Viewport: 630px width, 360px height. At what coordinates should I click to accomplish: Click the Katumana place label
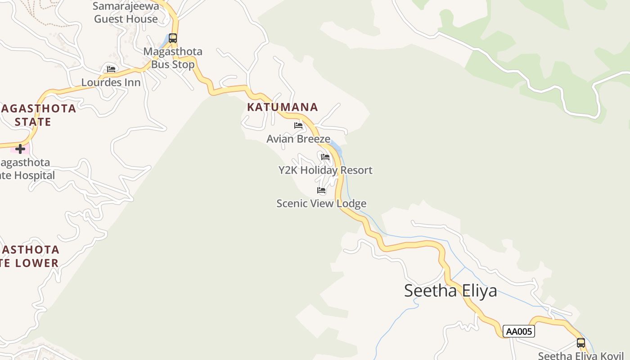tap(282, 107)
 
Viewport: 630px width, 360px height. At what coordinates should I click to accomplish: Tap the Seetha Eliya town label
tap(450, 291)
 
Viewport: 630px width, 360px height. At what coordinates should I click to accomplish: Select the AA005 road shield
tap(518, 332)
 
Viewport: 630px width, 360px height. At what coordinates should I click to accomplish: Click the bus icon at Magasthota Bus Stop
tap(173, 38)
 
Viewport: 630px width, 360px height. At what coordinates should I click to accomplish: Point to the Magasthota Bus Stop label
tap(173, 58)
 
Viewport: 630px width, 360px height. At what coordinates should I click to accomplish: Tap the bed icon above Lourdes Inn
tap(111, 69)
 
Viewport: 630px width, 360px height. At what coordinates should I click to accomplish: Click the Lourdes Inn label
tap(111, 83)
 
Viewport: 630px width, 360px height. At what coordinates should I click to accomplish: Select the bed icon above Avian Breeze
tap(298, 126)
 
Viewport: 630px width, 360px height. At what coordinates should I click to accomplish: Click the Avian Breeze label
tap(298, 139)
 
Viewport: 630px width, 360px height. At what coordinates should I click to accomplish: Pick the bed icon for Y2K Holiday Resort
tap(325, 157)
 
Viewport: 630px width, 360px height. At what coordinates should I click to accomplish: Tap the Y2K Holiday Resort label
tap(325, 171)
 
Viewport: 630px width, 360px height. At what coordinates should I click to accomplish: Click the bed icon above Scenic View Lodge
tap(321, 190)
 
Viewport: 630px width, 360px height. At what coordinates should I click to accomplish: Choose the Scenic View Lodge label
tap(321, 204)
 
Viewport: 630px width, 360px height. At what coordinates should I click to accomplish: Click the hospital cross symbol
tap(20, 148)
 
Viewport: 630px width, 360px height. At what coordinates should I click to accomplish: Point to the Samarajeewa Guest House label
tap(126, 13)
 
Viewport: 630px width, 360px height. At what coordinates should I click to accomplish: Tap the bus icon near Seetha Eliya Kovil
tap(581, 343)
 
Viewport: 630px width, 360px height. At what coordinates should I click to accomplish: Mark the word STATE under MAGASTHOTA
tap(33, 122)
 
